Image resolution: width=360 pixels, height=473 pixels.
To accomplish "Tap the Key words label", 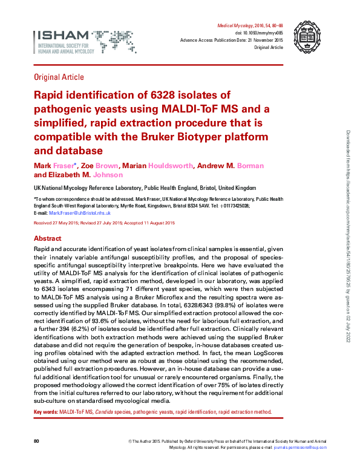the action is pyautogui.click(x=45, y=412).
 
